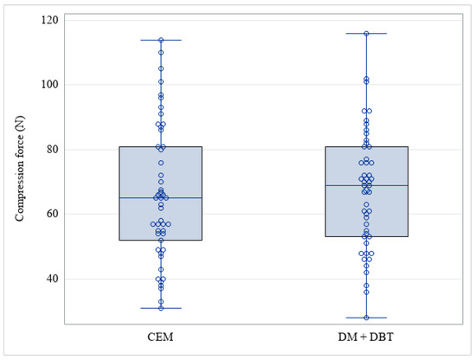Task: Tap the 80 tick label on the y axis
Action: tap(53, 149)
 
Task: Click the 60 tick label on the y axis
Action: tap(53, 214)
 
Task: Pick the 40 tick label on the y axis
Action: tap(53, 279)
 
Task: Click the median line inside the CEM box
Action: tap(161, 198)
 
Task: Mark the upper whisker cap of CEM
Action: tap(161, 40)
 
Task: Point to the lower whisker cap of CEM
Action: tap(161, 308)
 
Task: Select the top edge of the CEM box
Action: tap(161, 147)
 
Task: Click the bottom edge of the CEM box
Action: tap(161, 240)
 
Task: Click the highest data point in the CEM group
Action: tap(161, 40)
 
